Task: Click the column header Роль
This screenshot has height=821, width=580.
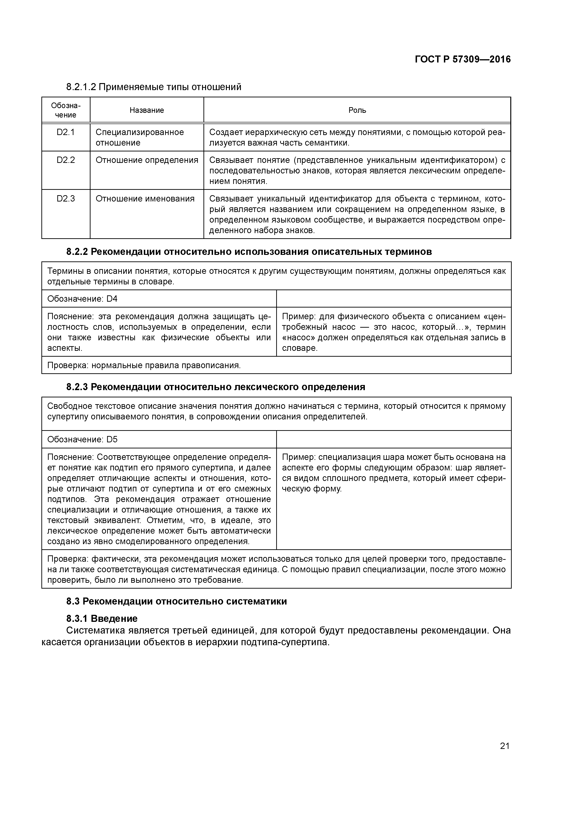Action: [x=357, y=110]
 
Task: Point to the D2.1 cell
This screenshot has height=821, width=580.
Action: [x=66, y=132]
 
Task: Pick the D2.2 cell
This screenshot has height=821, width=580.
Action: [x=66, y=160]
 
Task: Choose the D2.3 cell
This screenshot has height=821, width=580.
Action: [x=66, y=199]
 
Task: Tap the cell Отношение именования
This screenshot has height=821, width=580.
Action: [x=145, y=199]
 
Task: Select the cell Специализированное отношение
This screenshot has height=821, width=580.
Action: [x=139, y=137]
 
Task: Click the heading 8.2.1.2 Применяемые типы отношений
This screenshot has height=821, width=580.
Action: [x=154, y=87]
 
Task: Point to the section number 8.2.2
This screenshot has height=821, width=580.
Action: [x=77, y=252]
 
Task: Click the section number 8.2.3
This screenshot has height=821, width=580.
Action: [x=77, y=387]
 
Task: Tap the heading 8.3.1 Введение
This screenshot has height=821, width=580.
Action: [x=102, y=619]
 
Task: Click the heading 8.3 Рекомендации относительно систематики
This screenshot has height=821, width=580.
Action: [x=177, y=601]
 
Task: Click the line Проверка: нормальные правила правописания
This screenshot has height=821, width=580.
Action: [x=144, y=365]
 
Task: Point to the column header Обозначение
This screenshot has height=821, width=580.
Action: [x=66, y=110]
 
